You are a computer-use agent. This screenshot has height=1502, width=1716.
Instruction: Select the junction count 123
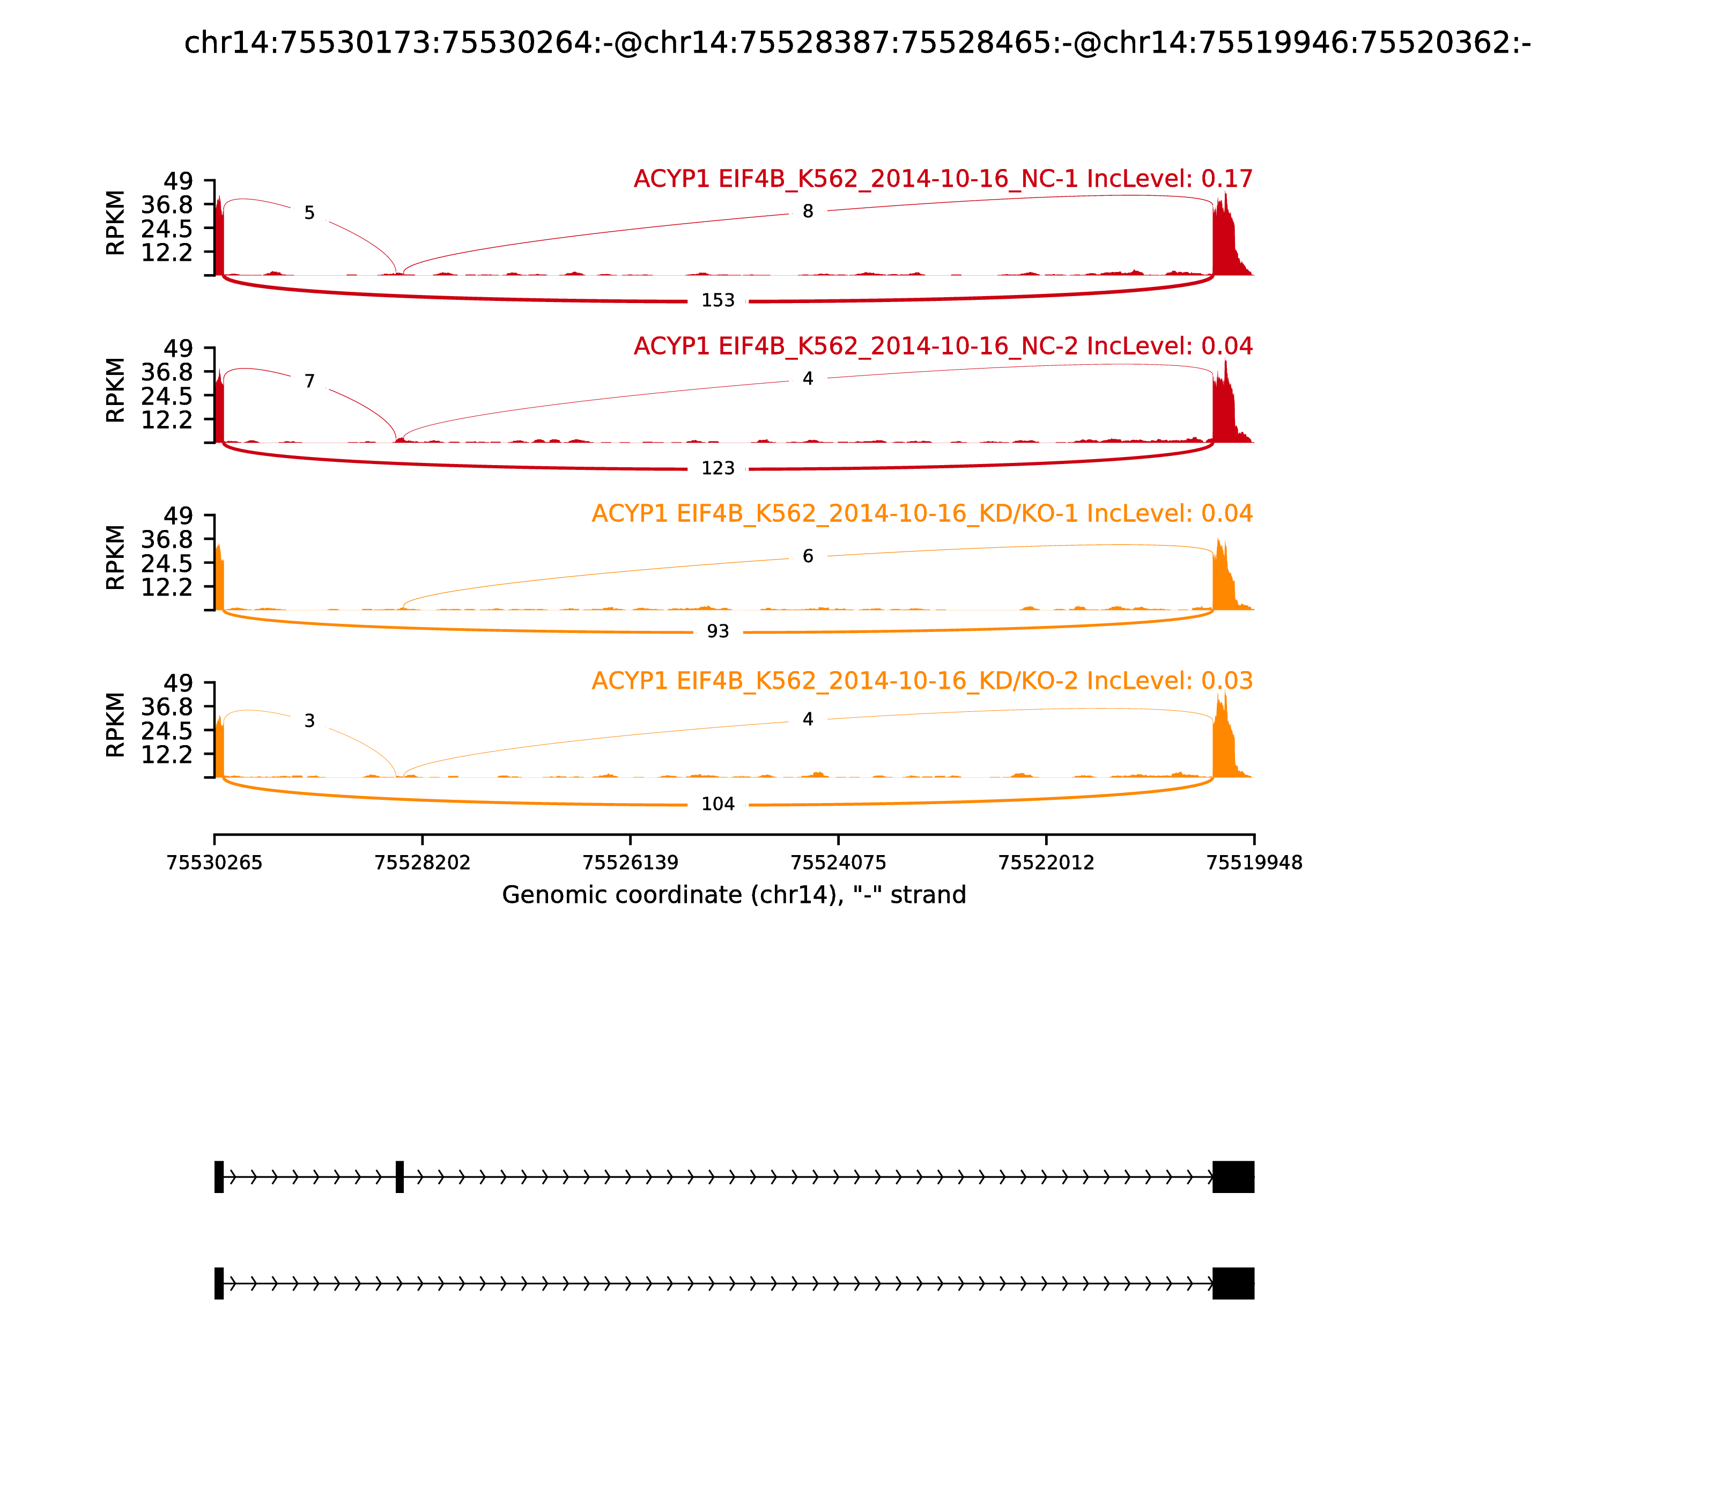718,468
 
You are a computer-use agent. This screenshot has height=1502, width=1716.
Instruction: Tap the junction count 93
718,632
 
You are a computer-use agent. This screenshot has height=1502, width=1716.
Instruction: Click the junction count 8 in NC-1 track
808,212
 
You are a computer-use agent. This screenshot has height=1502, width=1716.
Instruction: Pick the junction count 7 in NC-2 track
309,382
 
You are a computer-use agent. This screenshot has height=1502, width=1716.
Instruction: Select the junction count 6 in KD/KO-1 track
808,557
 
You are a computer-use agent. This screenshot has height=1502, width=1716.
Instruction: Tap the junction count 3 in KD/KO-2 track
309,721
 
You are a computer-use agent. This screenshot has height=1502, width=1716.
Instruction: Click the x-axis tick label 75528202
423,863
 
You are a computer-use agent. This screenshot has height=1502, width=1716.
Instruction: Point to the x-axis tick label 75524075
838,863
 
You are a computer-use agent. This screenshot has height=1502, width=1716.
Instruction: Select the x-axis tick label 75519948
1254,863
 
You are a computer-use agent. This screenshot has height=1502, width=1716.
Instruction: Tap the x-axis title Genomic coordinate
734,895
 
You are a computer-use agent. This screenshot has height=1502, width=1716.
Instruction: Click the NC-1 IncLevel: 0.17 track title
943,179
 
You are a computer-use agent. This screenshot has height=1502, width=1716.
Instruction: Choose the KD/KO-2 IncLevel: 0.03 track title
922,681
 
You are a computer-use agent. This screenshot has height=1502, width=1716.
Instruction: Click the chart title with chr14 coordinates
857,43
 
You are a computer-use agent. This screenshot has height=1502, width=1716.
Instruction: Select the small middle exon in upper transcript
400,1177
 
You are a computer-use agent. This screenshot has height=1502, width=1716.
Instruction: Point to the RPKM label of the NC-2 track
116,391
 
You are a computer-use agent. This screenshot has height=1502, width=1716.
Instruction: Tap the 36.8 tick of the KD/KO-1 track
167,539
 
